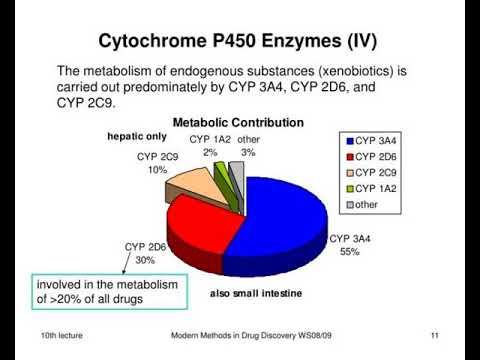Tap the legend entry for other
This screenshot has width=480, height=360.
368,205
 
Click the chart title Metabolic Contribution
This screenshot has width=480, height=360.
238,122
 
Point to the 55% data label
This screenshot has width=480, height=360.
349,252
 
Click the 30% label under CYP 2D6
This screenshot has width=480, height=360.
145,259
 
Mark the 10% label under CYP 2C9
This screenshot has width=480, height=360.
158,170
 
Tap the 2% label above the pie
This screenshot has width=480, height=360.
209,152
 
